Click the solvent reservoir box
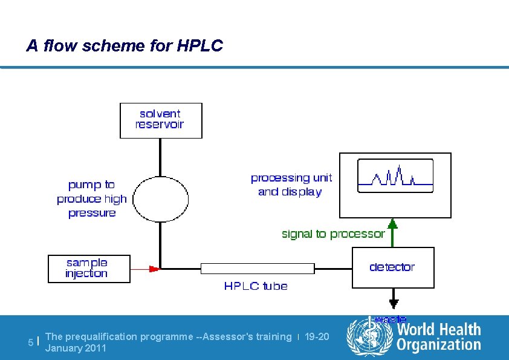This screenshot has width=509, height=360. [x=161, y=120]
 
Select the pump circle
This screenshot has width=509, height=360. [x=160, y=198]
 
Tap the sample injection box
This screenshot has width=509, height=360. [x=89, y=269]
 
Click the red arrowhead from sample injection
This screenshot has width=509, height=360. [x=155, y=268]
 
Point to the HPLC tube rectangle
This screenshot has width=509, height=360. [x=258, y=268]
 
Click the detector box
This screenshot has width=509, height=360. [x=393, y=267]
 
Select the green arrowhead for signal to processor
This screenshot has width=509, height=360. [x=393, y=223]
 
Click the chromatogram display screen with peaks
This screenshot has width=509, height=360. [x=395, y=176]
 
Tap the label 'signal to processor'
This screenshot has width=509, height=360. [x=333, y=234]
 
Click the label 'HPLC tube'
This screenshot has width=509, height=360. [x=256, y=286]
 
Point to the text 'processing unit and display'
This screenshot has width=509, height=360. [x=291, y=185]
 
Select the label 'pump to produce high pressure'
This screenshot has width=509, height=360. [x=92, y=198]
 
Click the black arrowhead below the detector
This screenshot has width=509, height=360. [x=394, y=303]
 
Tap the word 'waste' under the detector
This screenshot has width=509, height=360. [x=391, y=319]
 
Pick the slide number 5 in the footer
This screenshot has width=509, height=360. [x=31, y=342]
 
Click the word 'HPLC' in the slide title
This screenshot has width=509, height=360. [x=200, y=45]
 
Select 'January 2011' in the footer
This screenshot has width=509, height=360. [x=76, y=348]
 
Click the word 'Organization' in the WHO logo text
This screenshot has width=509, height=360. [x=439, y=345]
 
